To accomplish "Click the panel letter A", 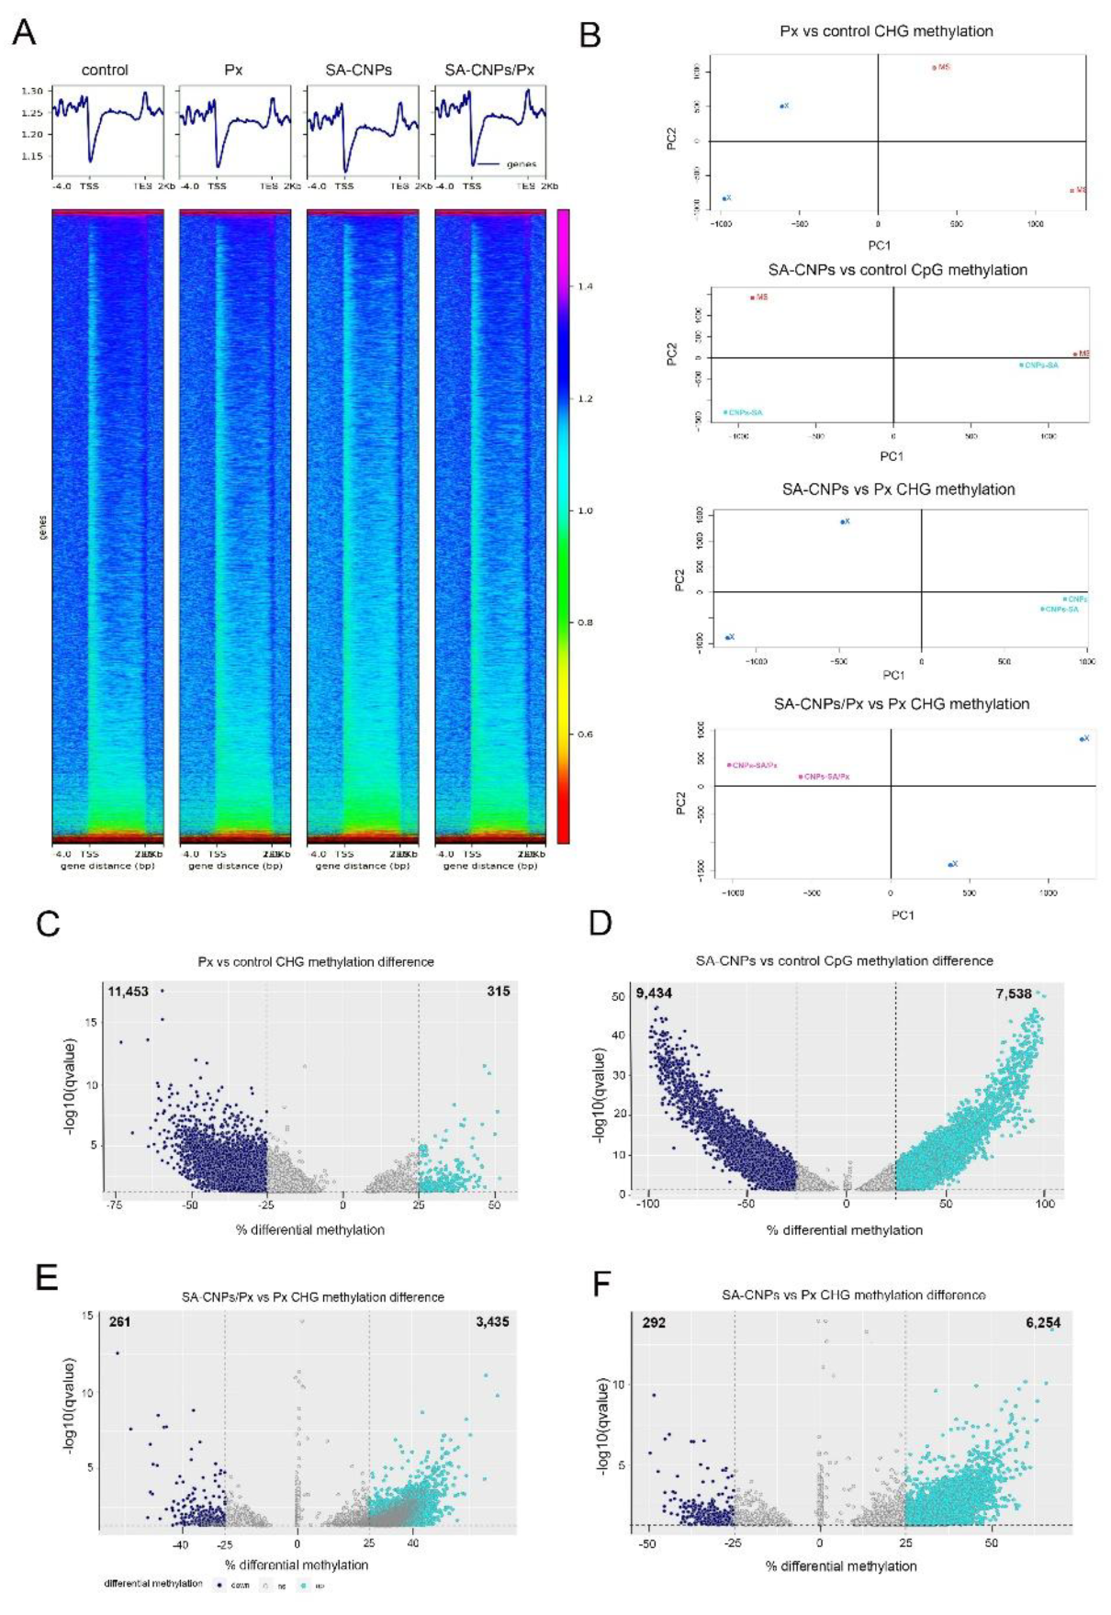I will (25, 33).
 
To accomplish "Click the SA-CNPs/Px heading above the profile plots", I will (488, 70).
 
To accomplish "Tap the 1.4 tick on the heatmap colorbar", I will (585, 286).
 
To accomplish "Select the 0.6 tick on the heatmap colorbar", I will (585, 735).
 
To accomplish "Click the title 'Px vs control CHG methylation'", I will (885, 31).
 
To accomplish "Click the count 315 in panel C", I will (498, 992).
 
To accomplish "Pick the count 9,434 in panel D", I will (654, 993).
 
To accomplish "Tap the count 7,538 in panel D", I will (1014, 993).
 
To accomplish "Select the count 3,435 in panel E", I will (492, 1322).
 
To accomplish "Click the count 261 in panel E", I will (119, 1322).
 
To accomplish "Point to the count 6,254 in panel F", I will (1043, 1323).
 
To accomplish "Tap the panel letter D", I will (600, 923).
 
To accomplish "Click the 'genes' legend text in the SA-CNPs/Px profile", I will (522, 164).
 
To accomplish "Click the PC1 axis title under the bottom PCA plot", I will (903, 915).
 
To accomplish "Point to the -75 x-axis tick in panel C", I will (115, 1206).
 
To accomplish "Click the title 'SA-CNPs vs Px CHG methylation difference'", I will (853, 1295).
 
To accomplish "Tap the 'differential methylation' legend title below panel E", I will (153, 1584).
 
